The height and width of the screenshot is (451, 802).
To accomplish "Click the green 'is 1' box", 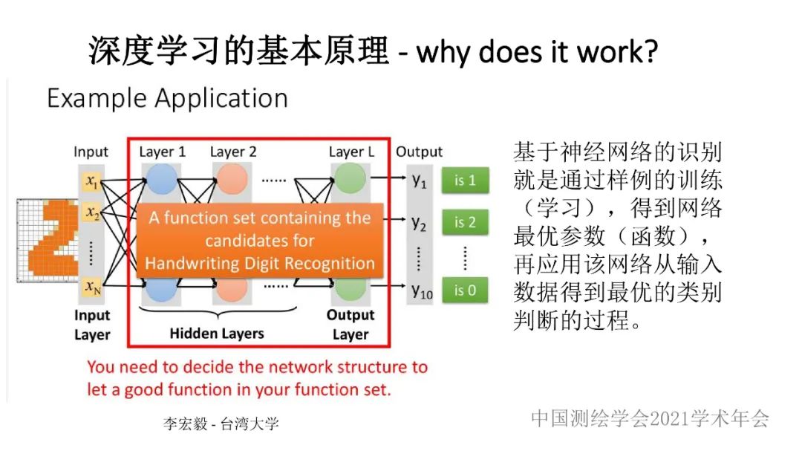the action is coord(465,181).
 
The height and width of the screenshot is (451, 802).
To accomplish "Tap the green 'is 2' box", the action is coord(465,222).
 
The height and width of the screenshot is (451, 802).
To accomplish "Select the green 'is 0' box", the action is coord(465,291).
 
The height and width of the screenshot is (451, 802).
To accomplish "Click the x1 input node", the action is coord(91,181).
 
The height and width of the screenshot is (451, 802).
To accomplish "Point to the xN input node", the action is coord(93,287).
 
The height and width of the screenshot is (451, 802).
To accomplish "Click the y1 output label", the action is coord(419,181).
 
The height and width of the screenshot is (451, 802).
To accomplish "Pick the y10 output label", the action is coord(422,291).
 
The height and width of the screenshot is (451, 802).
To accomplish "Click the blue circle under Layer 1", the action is coord(161,178).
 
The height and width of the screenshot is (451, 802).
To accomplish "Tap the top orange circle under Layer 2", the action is coord(232,178).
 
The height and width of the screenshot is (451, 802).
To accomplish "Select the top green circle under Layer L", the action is coord(351,178).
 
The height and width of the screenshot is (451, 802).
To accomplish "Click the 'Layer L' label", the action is coord(351,152).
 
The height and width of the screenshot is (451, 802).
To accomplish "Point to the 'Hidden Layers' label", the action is coord(217,334).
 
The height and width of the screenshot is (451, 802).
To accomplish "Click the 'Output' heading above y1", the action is coord(419,152).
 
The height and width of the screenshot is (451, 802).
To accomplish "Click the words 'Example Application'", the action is coord(167,98).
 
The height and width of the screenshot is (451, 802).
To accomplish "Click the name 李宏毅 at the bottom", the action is coord(185,424).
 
